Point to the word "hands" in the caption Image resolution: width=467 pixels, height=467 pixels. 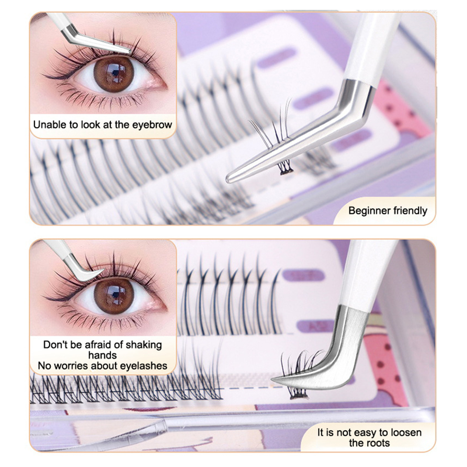coord(102,355)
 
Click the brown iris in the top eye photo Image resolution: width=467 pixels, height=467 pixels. coord(114,74)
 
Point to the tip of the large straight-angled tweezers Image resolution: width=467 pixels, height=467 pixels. coord(229,180)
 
